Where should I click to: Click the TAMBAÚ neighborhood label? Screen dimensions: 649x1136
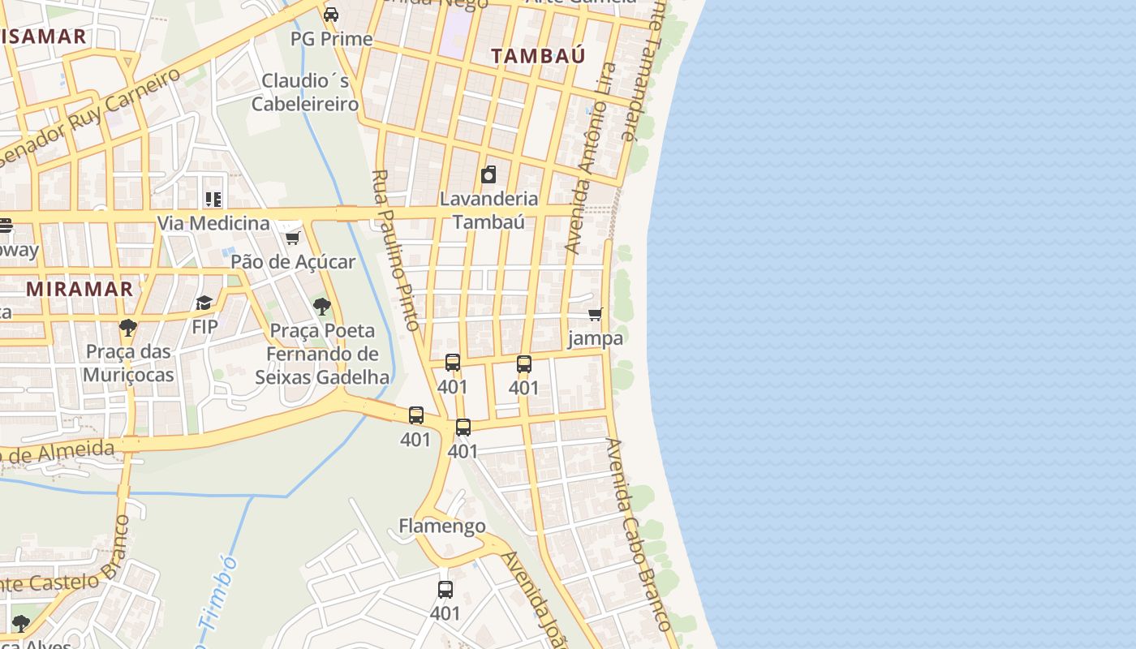pos(538,55)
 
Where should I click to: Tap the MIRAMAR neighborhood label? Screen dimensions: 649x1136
pos(79,289)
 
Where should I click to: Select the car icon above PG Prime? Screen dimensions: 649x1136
pos(331,14)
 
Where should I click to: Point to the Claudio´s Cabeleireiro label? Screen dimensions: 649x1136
pos(305,92)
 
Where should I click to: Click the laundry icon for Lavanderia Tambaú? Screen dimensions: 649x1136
pos(488,174)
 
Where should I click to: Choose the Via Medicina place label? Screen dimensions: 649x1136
pos(213,223)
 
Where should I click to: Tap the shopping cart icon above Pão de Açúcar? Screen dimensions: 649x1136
pos(292,238)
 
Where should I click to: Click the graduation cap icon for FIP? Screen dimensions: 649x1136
pos(204,303)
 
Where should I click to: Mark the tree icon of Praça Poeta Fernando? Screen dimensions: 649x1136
pos(322,306)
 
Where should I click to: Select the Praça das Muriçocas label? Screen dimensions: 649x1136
pos(128,363)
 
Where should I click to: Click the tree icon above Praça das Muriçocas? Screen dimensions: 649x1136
pos(127,328)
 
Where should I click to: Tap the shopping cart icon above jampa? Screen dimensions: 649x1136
pos(596,314)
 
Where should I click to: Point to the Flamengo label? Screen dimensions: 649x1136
pos(442,527)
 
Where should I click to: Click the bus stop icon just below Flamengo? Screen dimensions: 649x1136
pos(445,590)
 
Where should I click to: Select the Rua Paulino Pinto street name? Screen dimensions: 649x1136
pos(395,250)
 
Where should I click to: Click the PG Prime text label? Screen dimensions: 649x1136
pos(331,39)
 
